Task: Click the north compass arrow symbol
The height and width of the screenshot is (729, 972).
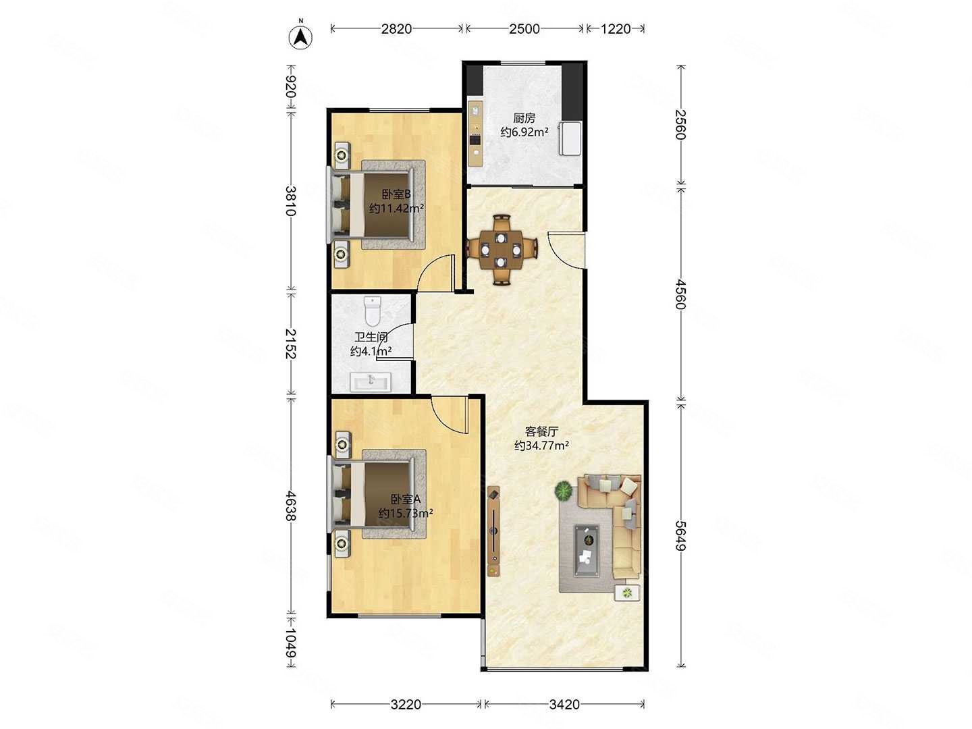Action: [300, 36]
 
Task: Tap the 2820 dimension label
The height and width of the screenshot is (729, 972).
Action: [396, 29]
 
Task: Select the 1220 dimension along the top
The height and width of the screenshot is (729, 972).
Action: [616, 29]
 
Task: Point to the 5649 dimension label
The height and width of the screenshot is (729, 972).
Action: [680, 535]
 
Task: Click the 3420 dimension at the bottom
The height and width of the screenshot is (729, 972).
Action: [564, 704]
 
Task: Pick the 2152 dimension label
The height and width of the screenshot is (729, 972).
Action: [290, 343]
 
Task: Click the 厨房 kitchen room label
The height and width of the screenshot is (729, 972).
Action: [524, 118]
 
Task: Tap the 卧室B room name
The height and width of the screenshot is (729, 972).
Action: [396, 194]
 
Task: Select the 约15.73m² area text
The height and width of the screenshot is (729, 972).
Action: [406, 514]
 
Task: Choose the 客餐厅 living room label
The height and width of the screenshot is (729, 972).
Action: [541, 431]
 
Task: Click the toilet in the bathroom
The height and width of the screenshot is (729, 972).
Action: [373, 310]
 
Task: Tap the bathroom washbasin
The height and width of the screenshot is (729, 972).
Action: [371, 381]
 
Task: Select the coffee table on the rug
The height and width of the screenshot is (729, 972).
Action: [587, 551]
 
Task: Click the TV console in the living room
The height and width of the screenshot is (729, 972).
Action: [493, 531]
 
